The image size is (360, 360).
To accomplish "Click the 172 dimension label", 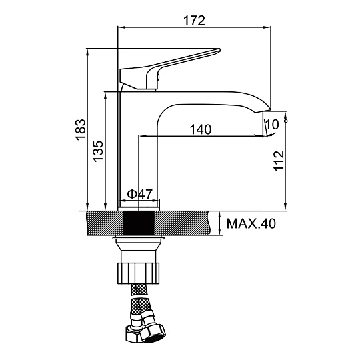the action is coord(194,21).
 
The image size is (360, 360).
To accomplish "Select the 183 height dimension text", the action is coord(81,130).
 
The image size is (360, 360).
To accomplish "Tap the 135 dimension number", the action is coord(98,151).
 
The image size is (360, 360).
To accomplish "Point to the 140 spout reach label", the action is coord(201,129).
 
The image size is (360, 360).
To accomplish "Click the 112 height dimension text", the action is coord(279,161).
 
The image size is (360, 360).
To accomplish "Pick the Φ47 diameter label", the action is coord(139,194).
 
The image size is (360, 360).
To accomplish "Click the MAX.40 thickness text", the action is coord(251,223).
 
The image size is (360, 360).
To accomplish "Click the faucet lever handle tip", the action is coord(219,50).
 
